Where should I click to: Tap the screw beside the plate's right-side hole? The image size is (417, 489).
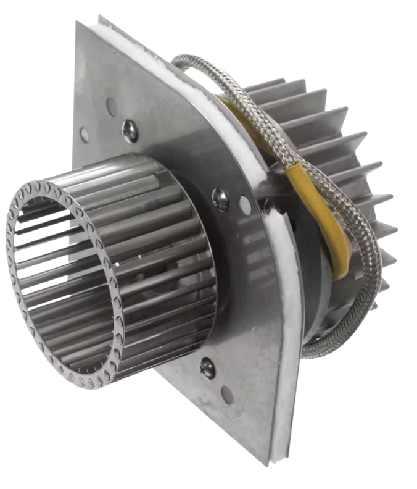220,198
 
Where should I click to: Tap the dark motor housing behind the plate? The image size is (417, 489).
308,272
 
